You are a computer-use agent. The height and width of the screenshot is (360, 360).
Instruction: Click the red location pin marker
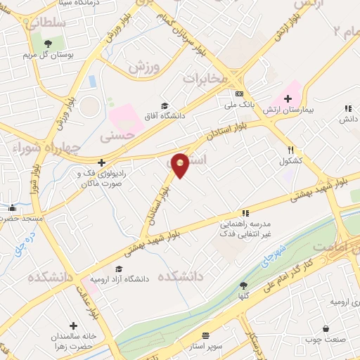[x=181, y=165]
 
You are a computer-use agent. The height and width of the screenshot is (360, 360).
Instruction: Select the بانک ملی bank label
[x=238, y=105]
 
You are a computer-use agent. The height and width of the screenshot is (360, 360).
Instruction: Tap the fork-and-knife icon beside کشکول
[x=290, y=150]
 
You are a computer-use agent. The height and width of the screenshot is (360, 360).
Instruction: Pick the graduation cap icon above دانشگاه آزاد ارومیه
[x=119, y=268]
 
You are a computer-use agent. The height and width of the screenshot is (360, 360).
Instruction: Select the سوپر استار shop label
[x=205, y=347]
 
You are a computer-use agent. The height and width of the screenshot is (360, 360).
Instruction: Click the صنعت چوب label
[x=326, y=340]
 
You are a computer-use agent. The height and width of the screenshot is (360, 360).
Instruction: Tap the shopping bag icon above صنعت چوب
[x=326, y=328]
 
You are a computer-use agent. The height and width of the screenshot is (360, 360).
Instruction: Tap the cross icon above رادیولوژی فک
[x=101, y=162]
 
